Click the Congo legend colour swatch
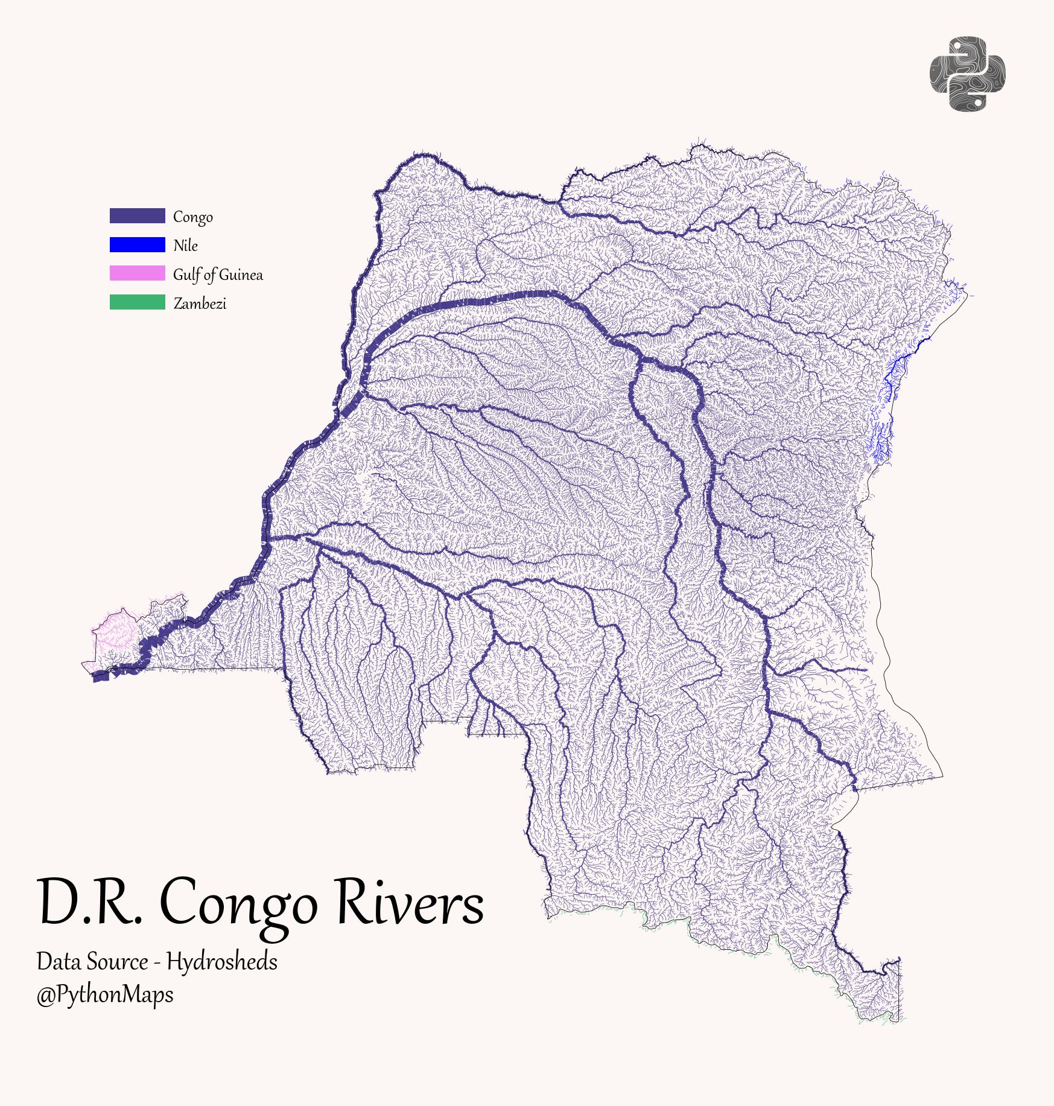pos(137,216)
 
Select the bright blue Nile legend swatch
pos(137,244)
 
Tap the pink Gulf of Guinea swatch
pos(137,273)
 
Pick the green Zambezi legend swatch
pos(137,302)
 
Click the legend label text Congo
pos(192,217)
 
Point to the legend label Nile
pos(185,246)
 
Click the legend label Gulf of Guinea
pos(218,275)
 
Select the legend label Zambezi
pos(200,304)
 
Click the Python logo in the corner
pos(967,74)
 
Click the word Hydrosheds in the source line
pos(222,962)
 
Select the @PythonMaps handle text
pos(105,995)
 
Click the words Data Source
pos(92,962)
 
